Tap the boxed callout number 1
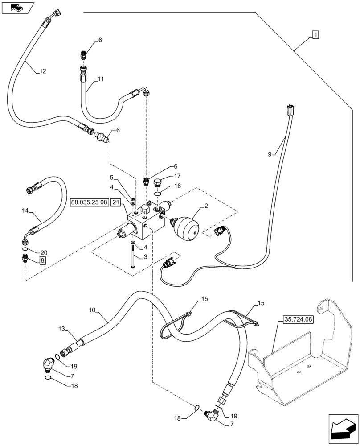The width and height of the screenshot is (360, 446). [x=315, y=35]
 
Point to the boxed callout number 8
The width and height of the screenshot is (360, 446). [x=42, y=261]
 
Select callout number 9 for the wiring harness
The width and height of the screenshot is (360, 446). [x=270, y=154]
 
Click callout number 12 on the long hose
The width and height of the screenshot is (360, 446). [x=42, y=71]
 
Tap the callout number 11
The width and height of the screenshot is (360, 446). [x=101, y=79]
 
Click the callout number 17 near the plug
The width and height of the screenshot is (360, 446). [x=177, y=176]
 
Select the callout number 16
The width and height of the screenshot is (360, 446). [x=178, y=186]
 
